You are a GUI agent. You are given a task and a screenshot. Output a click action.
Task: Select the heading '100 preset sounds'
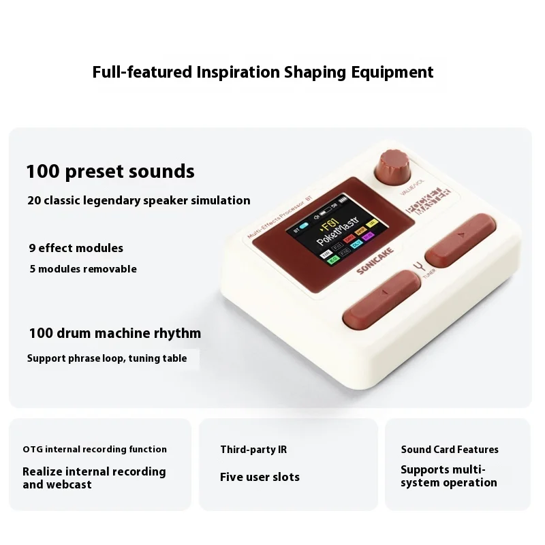tap(110, 172)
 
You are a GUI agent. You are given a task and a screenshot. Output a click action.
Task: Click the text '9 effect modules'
tap(76, 248)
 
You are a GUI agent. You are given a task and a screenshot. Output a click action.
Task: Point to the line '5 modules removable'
tap(83, 269)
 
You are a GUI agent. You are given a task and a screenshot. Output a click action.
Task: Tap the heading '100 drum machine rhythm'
tap(115, 333)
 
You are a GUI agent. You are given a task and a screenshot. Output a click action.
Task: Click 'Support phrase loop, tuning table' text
tap(107, 358)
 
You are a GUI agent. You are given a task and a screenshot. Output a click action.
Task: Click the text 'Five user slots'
tap(260, 477)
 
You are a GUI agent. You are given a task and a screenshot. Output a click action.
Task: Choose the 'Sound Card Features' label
tap(450, 450)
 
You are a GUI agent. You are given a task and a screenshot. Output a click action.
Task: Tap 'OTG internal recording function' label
tap(95, 450)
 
